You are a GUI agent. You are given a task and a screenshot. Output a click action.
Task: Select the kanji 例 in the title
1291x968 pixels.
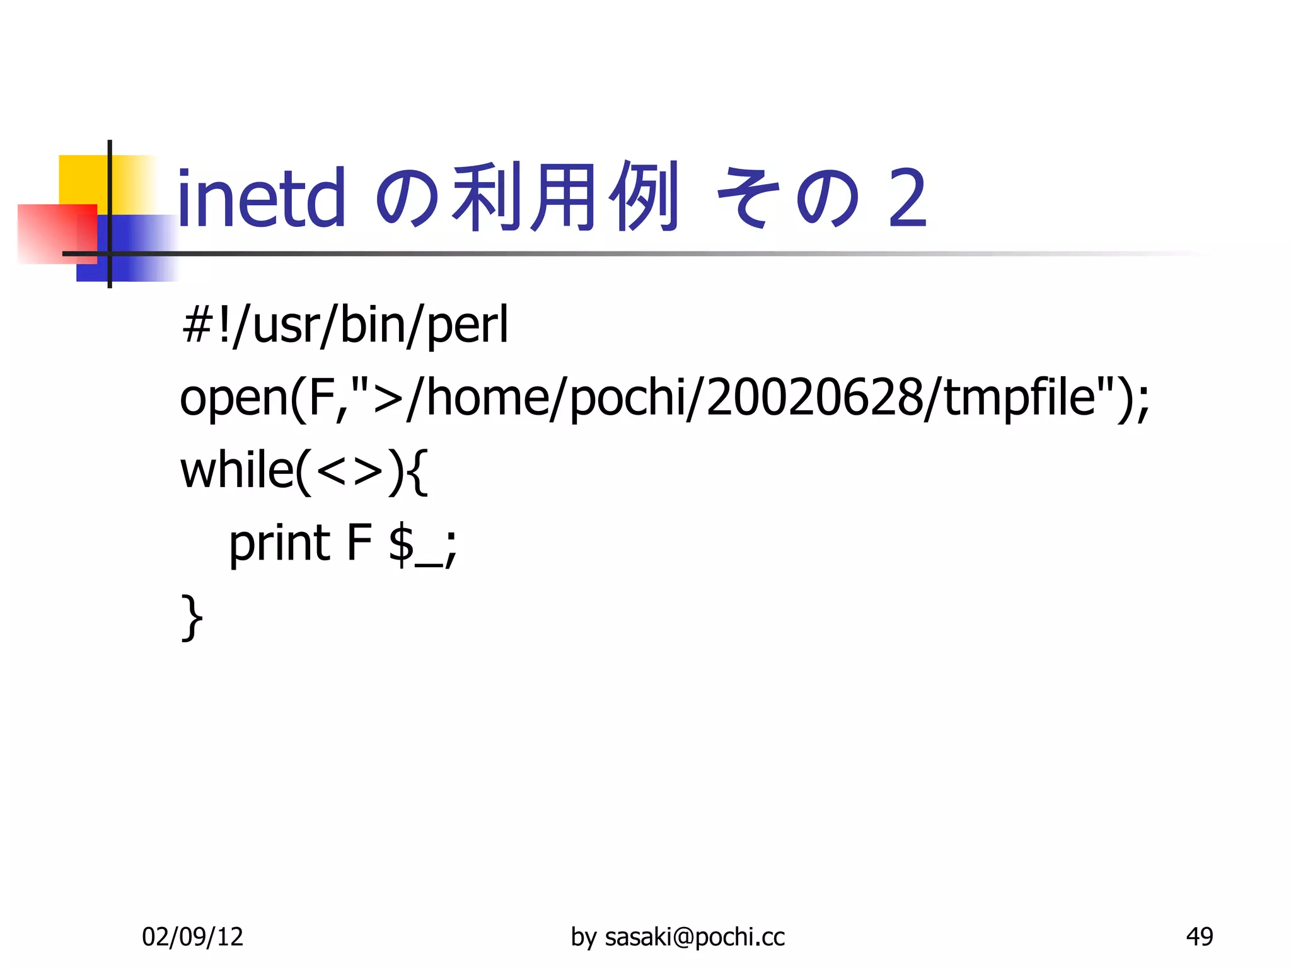tap(643, 197)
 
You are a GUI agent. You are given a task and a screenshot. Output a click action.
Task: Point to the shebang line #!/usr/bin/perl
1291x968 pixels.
tap(345, 325)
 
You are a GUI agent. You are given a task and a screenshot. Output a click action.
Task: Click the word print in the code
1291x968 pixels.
tap(279, 543)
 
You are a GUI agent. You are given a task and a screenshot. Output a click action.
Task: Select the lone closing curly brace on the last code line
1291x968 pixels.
tap(192, 618)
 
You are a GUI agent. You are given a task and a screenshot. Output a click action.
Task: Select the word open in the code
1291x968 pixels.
tap(233, 399)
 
